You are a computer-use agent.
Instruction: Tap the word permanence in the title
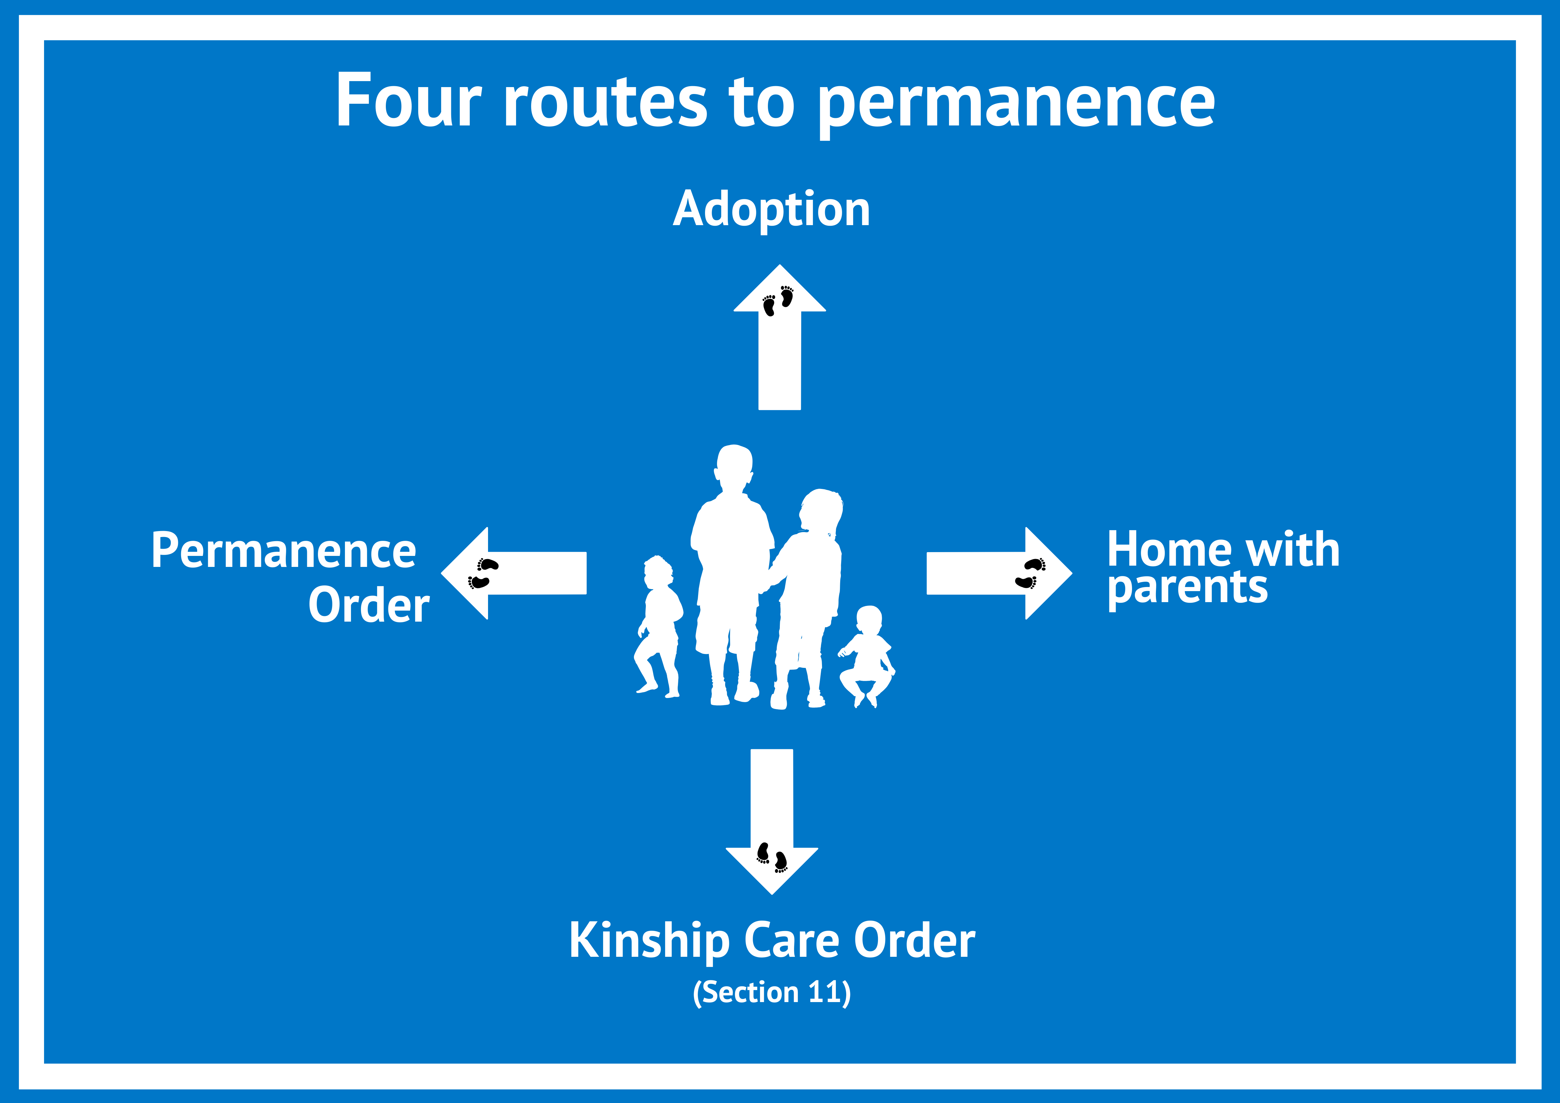click(1017, 105)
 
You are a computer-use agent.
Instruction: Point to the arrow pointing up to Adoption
click(779, 338)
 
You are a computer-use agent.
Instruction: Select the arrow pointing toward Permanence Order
click(514, 573)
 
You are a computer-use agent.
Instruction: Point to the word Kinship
click(649, 942)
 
